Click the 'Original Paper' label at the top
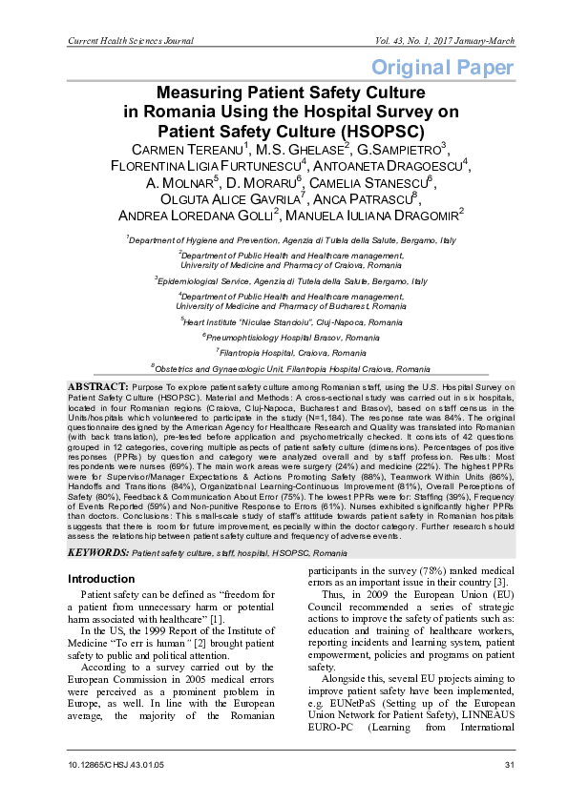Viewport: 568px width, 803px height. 443,68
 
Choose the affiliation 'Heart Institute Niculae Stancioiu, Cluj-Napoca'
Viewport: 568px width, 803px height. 284,322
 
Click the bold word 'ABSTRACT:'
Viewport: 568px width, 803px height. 96,385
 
